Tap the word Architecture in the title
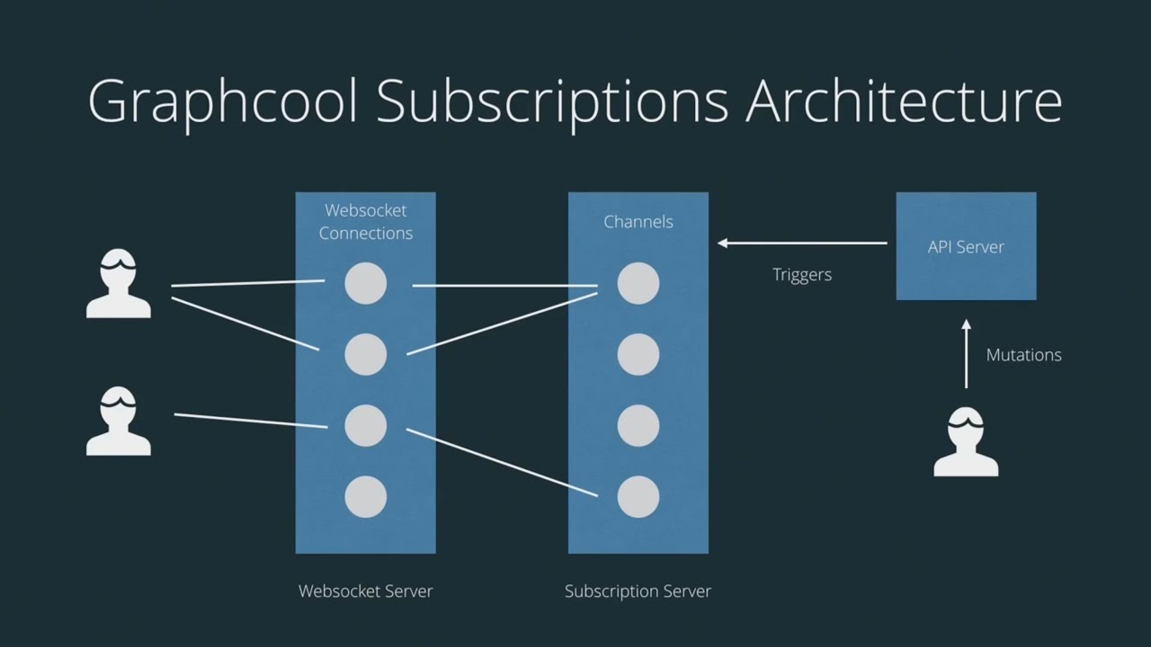click(x=903, y=102)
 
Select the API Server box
click(x=966, y=246)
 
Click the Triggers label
click(x=802, y=275)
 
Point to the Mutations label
click(x=1023, y=355)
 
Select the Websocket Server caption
click(x=365, y=591)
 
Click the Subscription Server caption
click(x=638, y=591)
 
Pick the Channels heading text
click(x=638, y=221)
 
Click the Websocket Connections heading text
click(x=365, y=221)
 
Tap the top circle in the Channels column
click(x=638, y=284)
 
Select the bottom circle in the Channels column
click(x=638, y=497)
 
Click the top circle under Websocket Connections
click(x=365, y=284)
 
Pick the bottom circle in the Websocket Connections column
click(x=365, y=497)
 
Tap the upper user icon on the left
click(x=119, y=285)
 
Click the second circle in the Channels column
click(x=638, y=355)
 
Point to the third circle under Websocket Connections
click(x=365, y=426)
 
